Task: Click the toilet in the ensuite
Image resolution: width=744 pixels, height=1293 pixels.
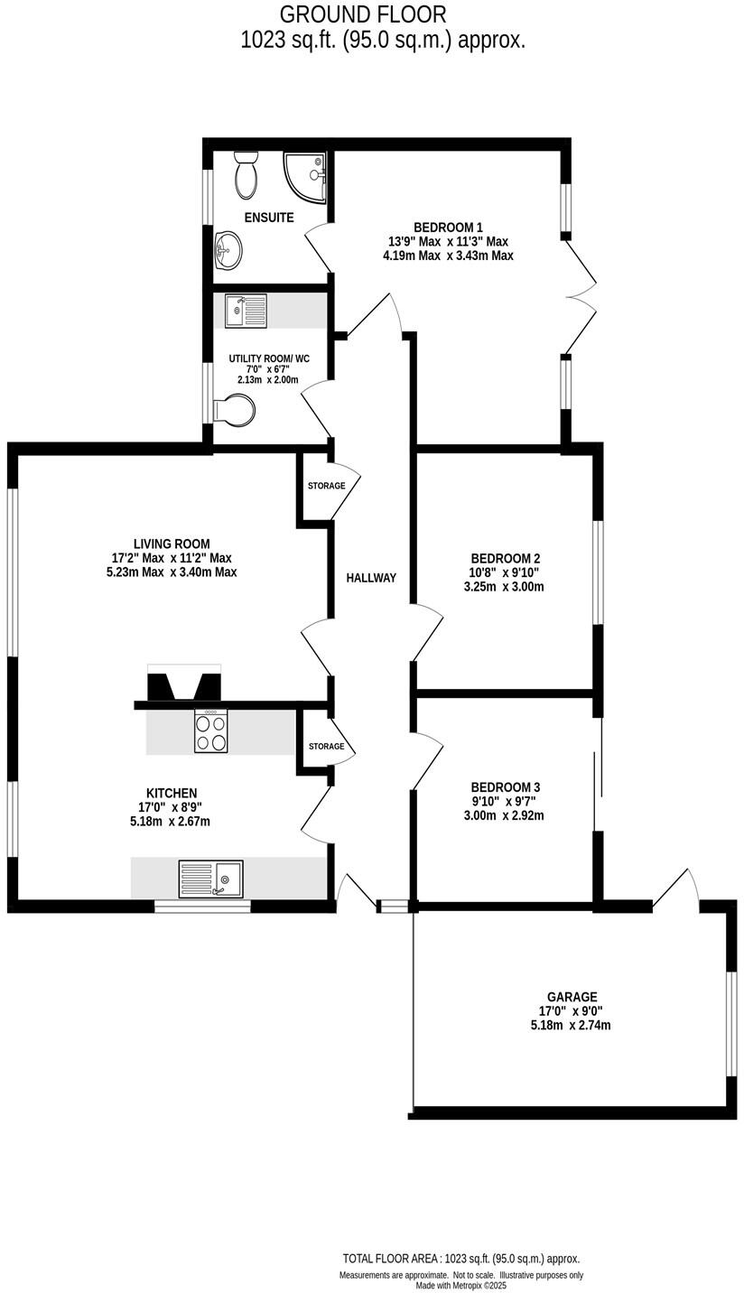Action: click(x=246, y=175)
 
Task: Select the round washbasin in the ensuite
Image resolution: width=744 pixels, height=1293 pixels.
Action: click(x=228, y=247)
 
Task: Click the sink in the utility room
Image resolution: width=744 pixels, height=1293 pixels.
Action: click(x=246, y=311)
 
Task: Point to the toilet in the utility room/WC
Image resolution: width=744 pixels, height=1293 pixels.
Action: click(x=236, y=410)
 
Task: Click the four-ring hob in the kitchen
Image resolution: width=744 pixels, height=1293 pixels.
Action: click(x=210, y=731)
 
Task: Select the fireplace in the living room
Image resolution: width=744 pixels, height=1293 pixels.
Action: click(x=184, y=683)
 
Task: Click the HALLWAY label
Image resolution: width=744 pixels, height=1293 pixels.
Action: click(x=371, y=578)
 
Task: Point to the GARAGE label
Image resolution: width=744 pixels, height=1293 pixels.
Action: click(x=572, y=997)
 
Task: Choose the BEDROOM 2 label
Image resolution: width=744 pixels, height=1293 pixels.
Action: click(x=505, y=558)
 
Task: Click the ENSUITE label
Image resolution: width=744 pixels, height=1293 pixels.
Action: click(x=269, y=218)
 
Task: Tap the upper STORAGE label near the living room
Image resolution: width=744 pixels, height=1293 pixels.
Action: click(x=326, y=486)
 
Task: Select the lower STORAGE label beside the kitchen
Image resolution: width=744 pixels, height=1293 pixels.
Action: click(x=326, y=746)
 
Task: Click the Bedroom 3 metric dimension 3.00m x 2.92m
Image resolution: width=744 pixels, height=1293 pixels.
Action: click(x=504, y=815)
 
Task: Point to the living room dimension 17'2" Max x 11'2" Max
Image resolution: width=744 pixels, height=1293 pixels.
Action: click(x=171, y=558)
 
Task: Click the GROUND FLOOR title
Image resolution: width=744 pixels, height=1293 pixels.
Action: click(x=362, y=14)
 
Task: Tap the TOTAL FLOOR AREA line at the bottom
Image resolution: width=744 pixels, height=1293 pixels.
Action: click(x=460, y=1259)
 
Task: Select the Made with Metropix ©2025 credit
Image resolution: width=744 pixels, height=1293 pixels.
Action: click(x=460, y=1286)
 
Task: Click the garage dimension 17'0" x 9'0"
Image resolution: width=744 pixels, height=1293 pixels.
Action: click(x=571, y=1011)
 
